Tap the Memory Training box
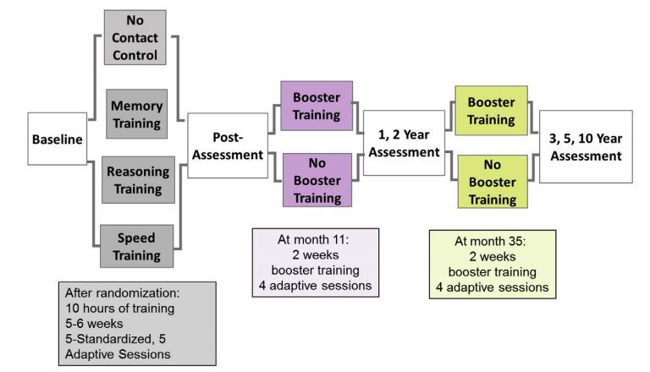tap(136, 113)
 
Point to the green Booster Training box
tap(491, 109)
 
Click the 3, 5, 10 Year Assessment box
tap(585, 146)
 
